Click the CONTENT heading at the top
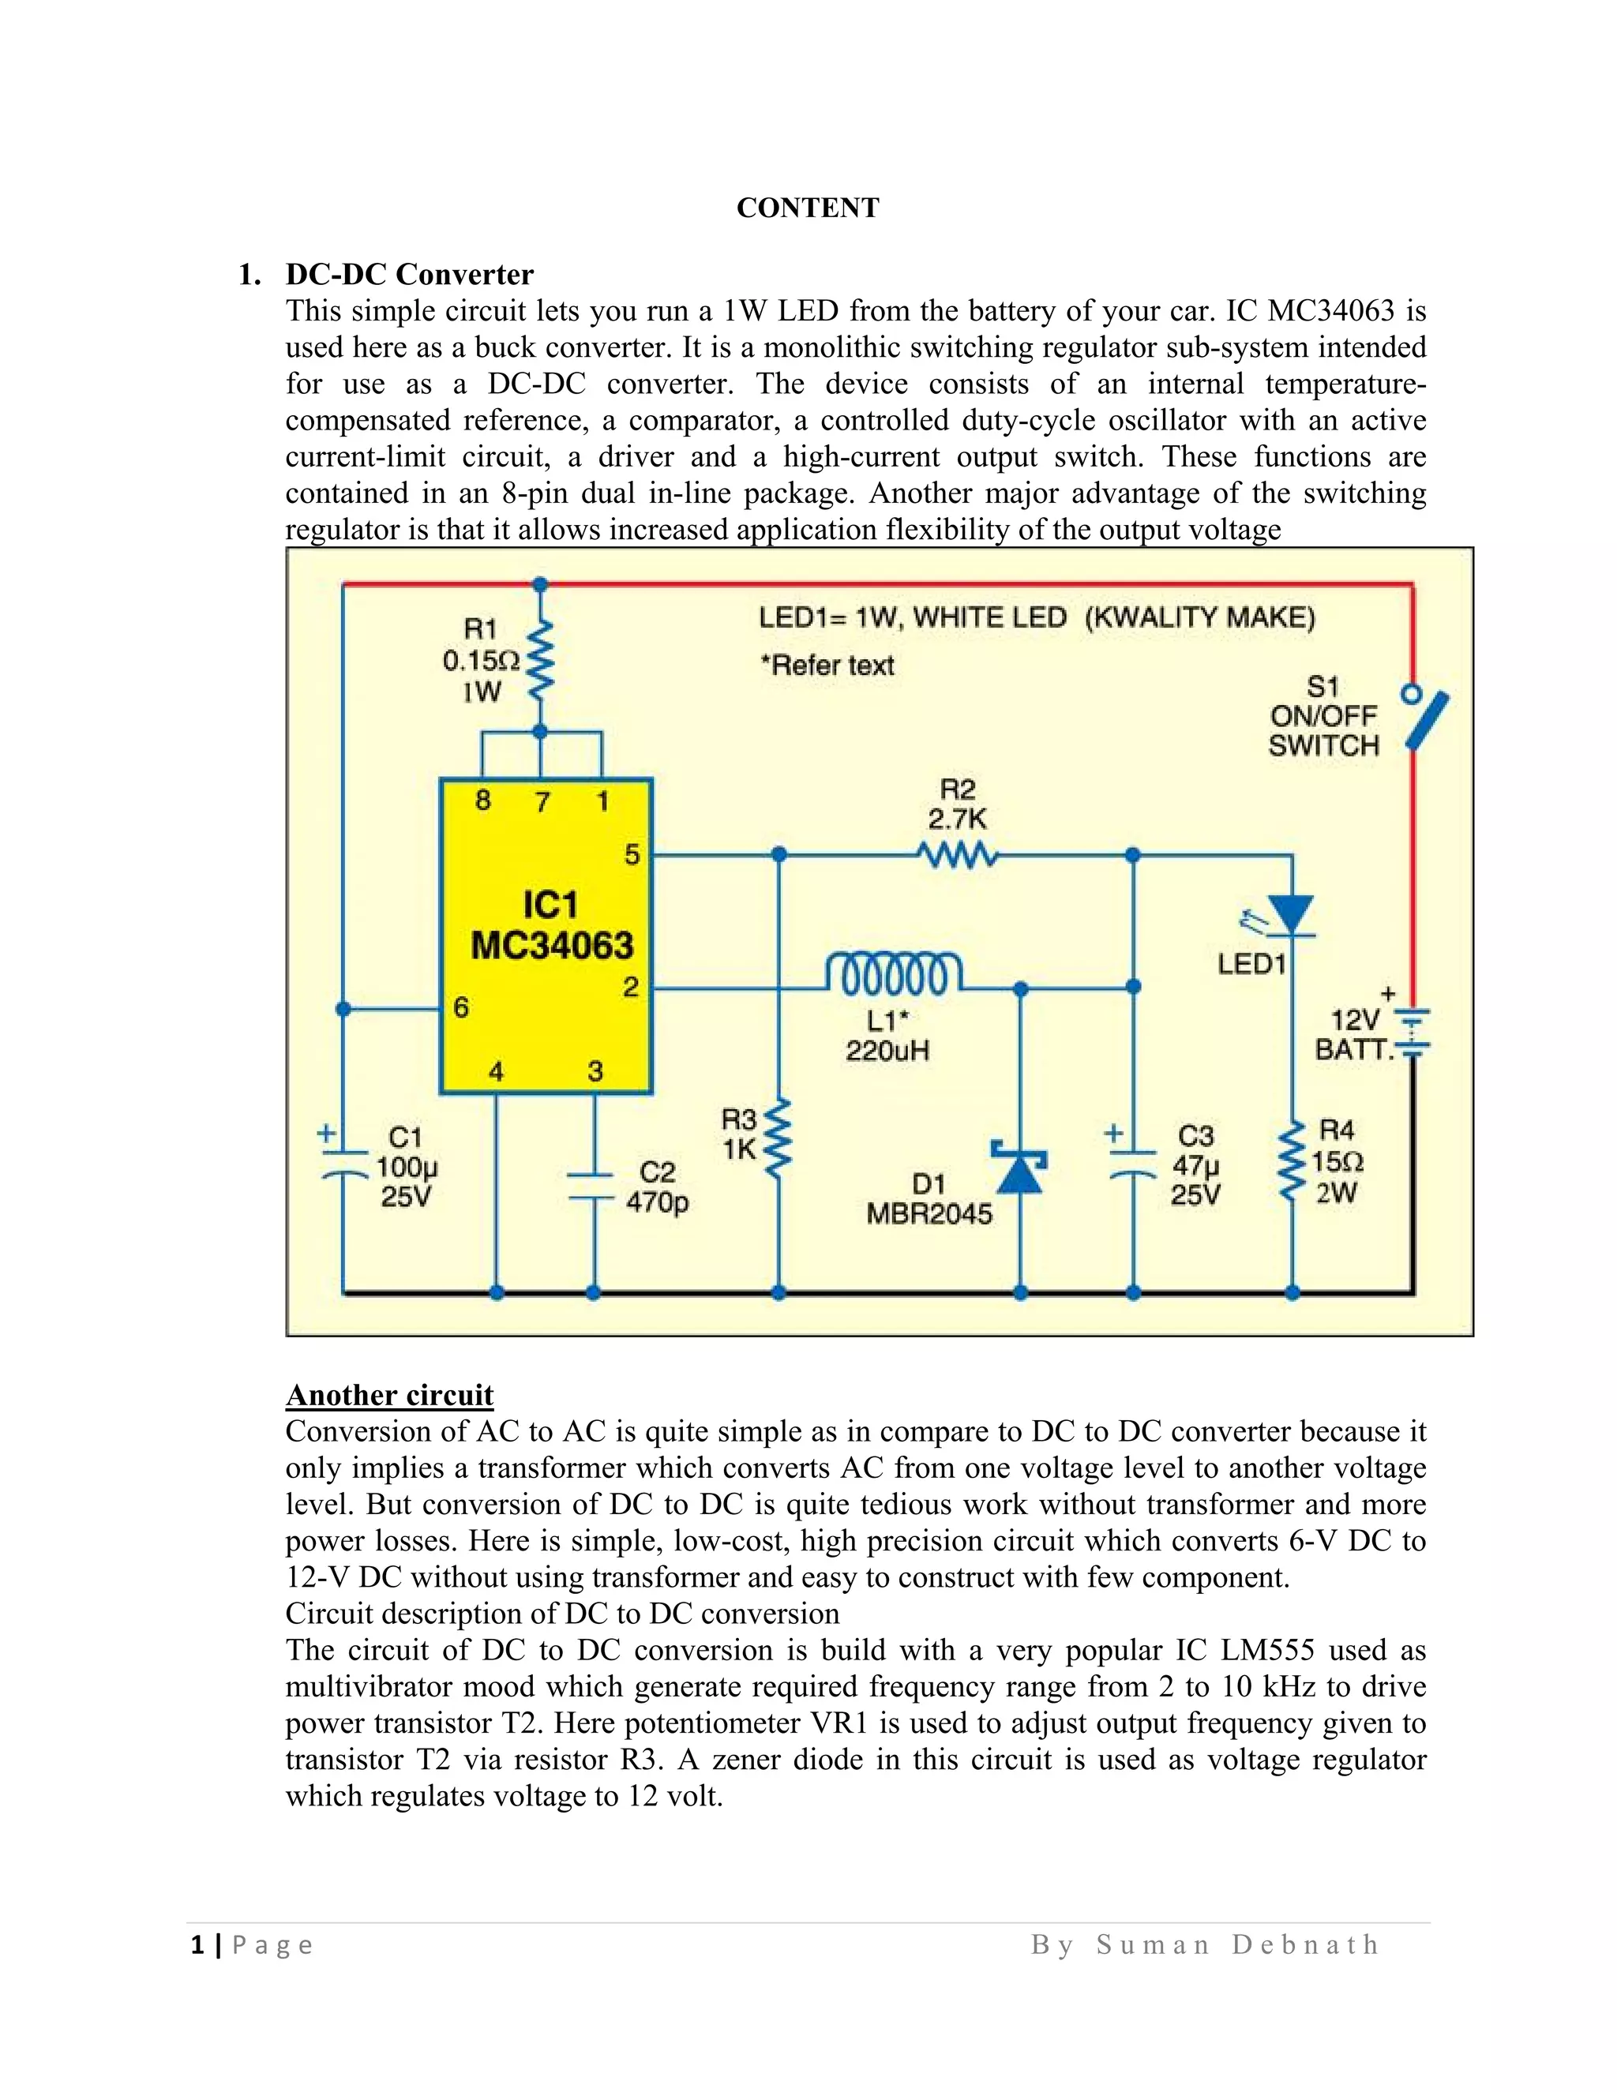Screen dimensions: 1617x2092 coord(808,208)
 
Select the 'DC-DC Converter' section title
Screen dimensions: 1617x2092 coord(409,275)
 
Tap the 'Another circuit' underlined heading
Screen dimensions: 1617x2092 coord(389,1395)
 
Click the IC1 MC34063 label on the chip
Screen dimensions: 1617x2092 coord(551,925)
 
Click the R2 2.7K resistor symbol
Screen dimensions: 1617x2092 coord(957,853)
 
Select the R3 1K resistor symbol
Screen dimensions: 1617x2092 coord(778,1137)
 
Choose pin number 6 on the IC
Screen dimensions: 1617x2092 coord(461,1007)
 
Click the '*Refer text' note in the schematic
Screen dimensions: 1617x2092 coord(827,665)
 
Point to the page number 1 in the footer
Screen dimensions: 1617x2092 coord(198,1944)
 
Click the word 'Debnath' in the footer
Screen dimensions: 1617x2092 coord(1306,1944)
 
